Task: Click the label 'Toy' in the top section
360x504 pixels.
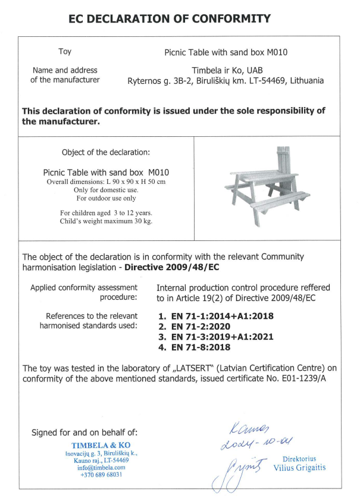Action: [x=65, y=52]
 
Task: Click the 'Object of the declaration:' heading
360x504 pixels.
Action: [x=106, y=152]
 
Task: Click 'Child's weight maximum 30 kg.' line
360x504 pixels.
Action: [x=106, y=221]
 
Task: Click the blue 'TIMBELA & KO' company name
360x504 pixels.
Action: [x=101, y=445]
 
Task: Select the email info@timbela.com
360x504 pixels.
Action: [x=101, y=468]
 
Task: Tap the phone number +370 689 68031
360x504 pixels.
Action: [x=101, y=475]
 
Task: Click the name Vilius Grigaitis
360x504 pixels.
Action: [x=299, y=468]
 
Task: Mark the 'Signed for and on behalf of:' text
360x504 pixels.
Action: [x=84, y=432]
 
